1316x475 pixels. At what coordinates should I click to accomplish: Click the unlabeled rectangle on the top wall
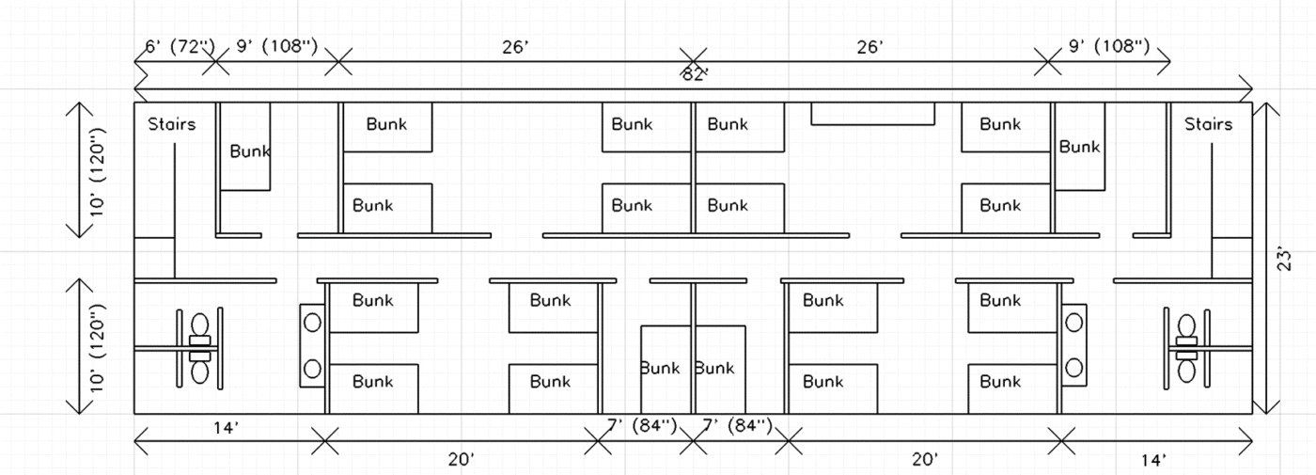click(872, 113)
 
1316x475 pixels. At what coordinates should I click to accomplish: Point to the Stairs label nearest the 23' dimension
click(1208, 124)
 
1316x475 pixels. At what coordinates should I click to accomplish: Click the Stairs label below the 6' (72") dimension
click(172, 124)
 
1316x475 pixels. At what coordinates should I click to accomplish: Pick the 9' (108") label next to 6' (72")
click(276, 46)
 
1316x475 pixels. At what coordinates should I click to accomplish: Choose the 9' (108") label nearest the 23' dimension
click(1109, 46)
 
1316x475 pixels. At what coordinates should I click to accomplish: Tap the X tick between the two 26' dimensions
click(693, 63)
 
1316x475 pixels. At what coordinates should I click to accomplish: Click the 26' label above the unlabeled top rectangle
click(870, 46)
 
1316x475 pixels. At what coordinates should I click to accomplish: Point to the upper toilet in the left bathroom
click(199, 325)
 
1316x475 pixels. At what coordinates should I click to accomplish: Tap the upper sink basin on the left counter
click(312, 323)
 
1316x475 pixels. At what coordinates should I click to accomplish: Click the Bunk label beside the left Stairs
click(250, 150)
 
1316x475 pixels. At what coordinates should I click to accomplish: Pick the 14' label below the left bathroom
click(225, 428)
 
